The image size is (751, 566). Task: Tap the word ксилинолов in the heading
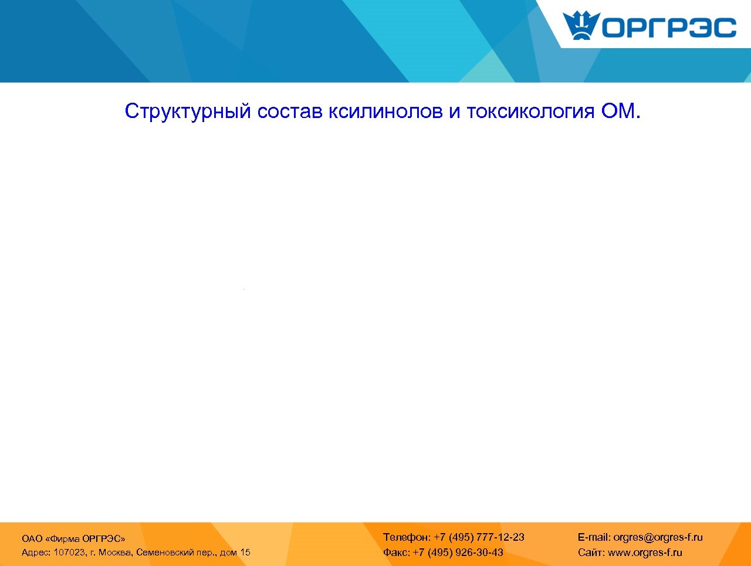pos(385,111)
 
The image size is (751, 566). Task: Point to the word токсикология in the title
pos(530,111)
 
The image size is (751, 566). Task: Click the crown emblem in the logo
pos(581,25)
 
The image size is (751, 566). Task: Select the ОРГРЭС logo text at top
pos(669,28)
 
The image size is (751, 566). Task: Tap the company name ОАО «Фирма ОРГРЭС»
pos(73,538)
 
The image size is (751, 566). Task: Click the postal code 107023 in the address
pos(69,552)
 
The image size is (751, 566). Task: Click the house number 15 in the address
pos(245,552)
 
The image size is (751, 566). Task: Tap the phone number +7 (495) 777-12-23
pos(479,537)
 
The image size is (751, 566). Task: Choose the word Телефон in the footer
pos(406,537)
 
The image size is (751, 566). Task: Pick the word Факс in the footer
pos(396,552)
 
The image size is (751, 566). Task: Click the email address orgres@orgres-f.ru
pos(658,537)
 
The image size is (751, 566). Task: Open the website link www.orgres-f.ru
pos(645,552)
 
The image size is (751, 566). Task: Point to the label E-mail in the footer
pos(594,537)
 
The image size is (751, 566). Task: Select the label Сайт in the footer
pos(591,552)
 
